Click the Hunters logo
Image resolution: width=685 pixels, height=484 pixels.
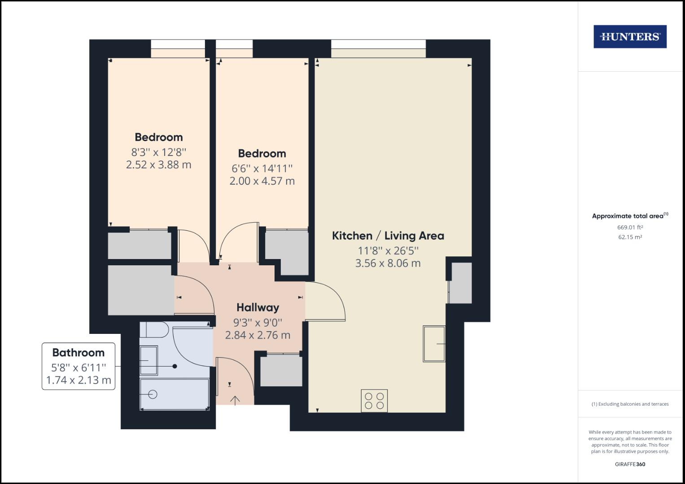[630, 37]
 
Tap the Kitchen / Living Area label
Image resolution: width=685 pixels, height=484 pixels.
[388, 236]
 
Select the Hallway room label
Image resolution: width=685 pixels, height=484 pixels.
[257, 307]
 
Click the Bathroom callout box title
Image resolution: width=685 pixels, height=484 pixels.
[79, 353]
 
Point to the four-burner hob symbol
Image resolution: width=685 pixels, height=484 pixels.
[374, 401]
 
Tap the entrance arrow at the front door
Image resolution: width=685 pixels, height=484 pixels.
[235, 400]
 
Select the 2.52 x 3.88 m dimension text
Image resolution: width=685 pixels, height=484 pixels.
[159, 165]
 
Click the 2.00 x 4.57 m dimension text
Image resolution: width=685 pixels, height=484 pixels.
[262, 181]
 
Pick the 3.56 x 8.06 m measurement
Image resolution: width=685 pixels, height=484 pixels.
[388, 264]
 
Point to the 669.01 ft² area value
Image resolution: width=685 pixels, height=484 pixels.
[630, 227]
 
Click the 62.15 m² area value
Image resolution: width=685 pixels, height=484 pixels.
[630, 238]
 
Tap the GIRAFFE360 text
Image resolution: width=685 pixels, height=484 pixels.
[630, 464]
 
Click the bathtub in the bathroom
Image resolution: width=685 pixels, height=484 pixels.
[175, 394]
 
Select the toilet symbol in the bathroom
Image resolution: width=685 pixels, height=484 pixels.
[154, 330]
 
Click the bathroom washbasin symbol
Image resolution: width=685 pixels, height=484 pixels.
[148, 360]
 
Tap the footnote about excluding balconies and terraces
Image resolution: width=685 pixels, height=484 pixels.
[630, 404]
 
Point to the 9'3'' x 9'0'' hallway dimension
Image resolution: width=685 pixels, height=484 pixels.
[257, 322]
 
